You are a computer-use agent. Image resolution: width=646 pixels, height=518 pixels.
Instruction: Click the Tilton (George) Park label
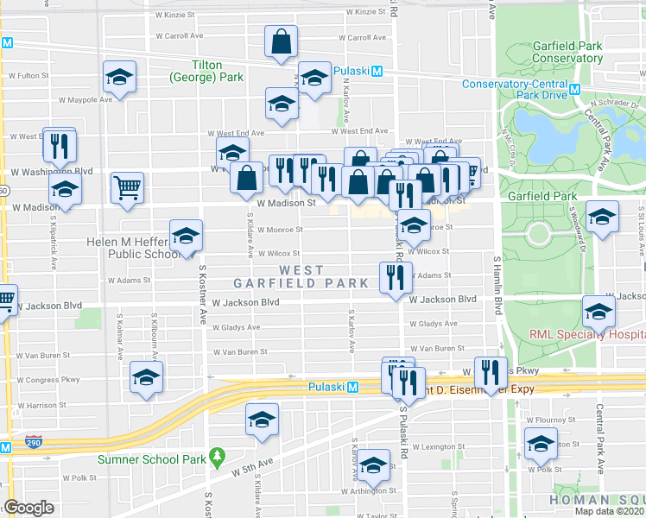(217, 71)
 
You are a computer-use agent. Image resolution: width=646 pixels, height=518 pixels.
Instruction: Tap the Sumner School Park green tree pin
(219, 454)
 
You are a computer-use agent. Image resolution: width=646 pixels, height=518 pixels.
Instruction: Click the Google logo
(28, 508)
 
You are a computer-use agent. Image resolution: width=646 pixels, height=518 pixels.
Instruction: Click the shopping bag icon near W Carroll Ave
(282, 42)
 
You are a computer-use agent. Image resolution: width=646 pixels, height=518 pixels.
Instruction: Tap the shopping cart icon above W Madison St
(127, 187)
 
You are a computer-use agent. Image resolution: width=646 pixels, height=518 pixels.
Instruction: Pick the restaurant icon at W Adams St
(392, 278)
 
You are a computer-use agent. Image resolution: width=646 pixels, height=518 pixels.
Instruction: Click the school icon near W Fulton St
(119, 77)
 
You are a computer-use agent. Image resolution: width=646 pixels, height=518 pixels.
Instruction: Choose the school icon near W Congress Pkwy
(146, 377)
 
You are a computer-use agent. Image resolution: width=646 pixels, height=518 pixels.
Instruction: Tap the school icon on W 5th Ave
(262, 420)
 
